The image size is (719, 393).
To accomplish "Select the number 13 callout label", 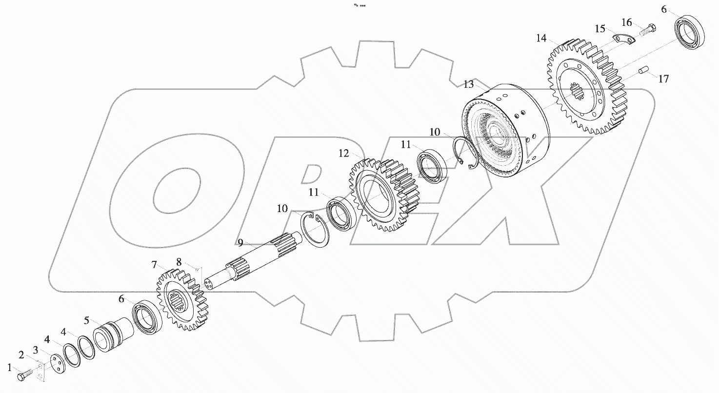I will (468, 84).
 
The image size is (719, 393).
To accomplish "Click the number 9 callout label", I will (240, 242).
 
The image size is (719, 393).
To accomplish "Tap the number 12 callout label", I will (344, 154).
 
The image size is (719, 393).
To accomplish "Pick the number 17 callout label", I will (663, 79).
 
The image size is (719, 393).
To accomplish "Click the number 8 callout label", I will (179, 262).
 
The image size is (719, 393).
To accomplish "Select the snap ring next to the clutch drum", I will (464, 154).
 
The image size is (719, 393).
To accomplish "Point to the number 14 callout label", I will (541, 39).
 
